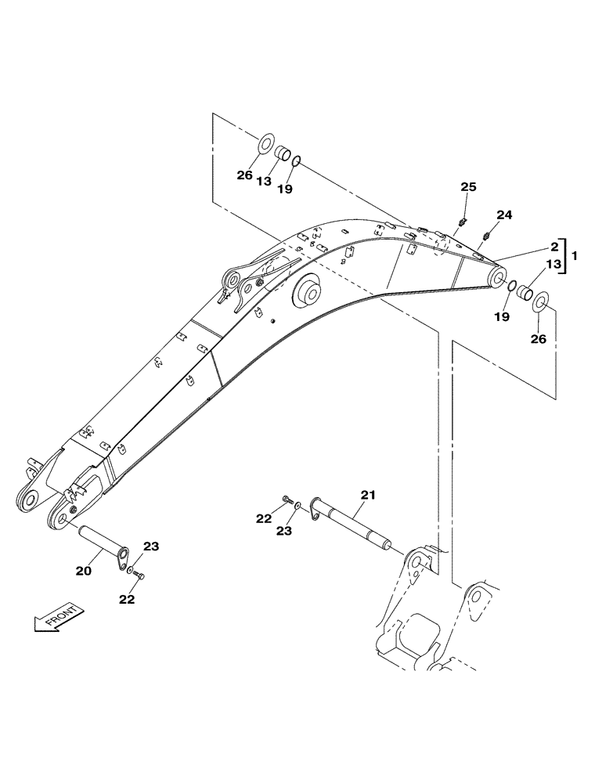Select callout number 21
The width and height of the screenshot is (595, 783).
(368, 495)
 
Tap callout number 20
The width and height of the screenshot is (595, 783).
(84, 572)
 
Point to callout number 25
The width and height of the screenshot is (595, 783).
(468, 187)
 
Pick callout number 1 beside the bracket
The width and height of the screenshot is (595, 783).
(575, 255)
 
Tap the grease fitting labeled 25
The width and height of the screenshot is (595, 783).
(463, 223)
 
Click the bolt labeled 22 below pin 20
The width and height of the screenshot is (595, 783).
(139, 577)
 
